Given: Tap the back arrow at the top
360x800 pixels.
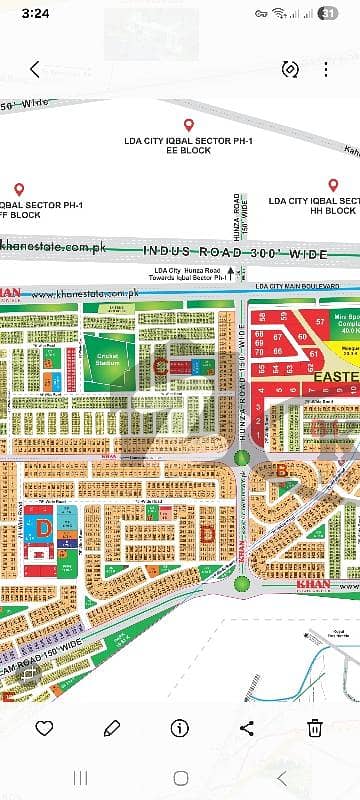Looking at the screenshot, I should click(35, 69).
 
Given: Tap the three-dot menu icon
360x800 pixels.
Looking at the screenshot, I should click(325, 69).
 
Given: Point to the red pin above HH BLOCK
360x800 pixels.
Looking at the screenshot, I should click(332, 186).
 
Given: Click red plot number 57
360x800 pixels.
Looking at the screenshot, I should click(319, 322).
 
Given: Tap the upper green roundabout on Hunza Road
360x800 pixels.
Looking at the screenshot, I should click(240, 458).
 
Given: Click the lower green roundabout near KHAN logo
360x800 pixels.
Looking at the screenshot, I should click(241, 584).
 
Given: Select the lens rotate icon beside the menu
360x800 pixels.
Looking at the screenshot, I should click(291, 69).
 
